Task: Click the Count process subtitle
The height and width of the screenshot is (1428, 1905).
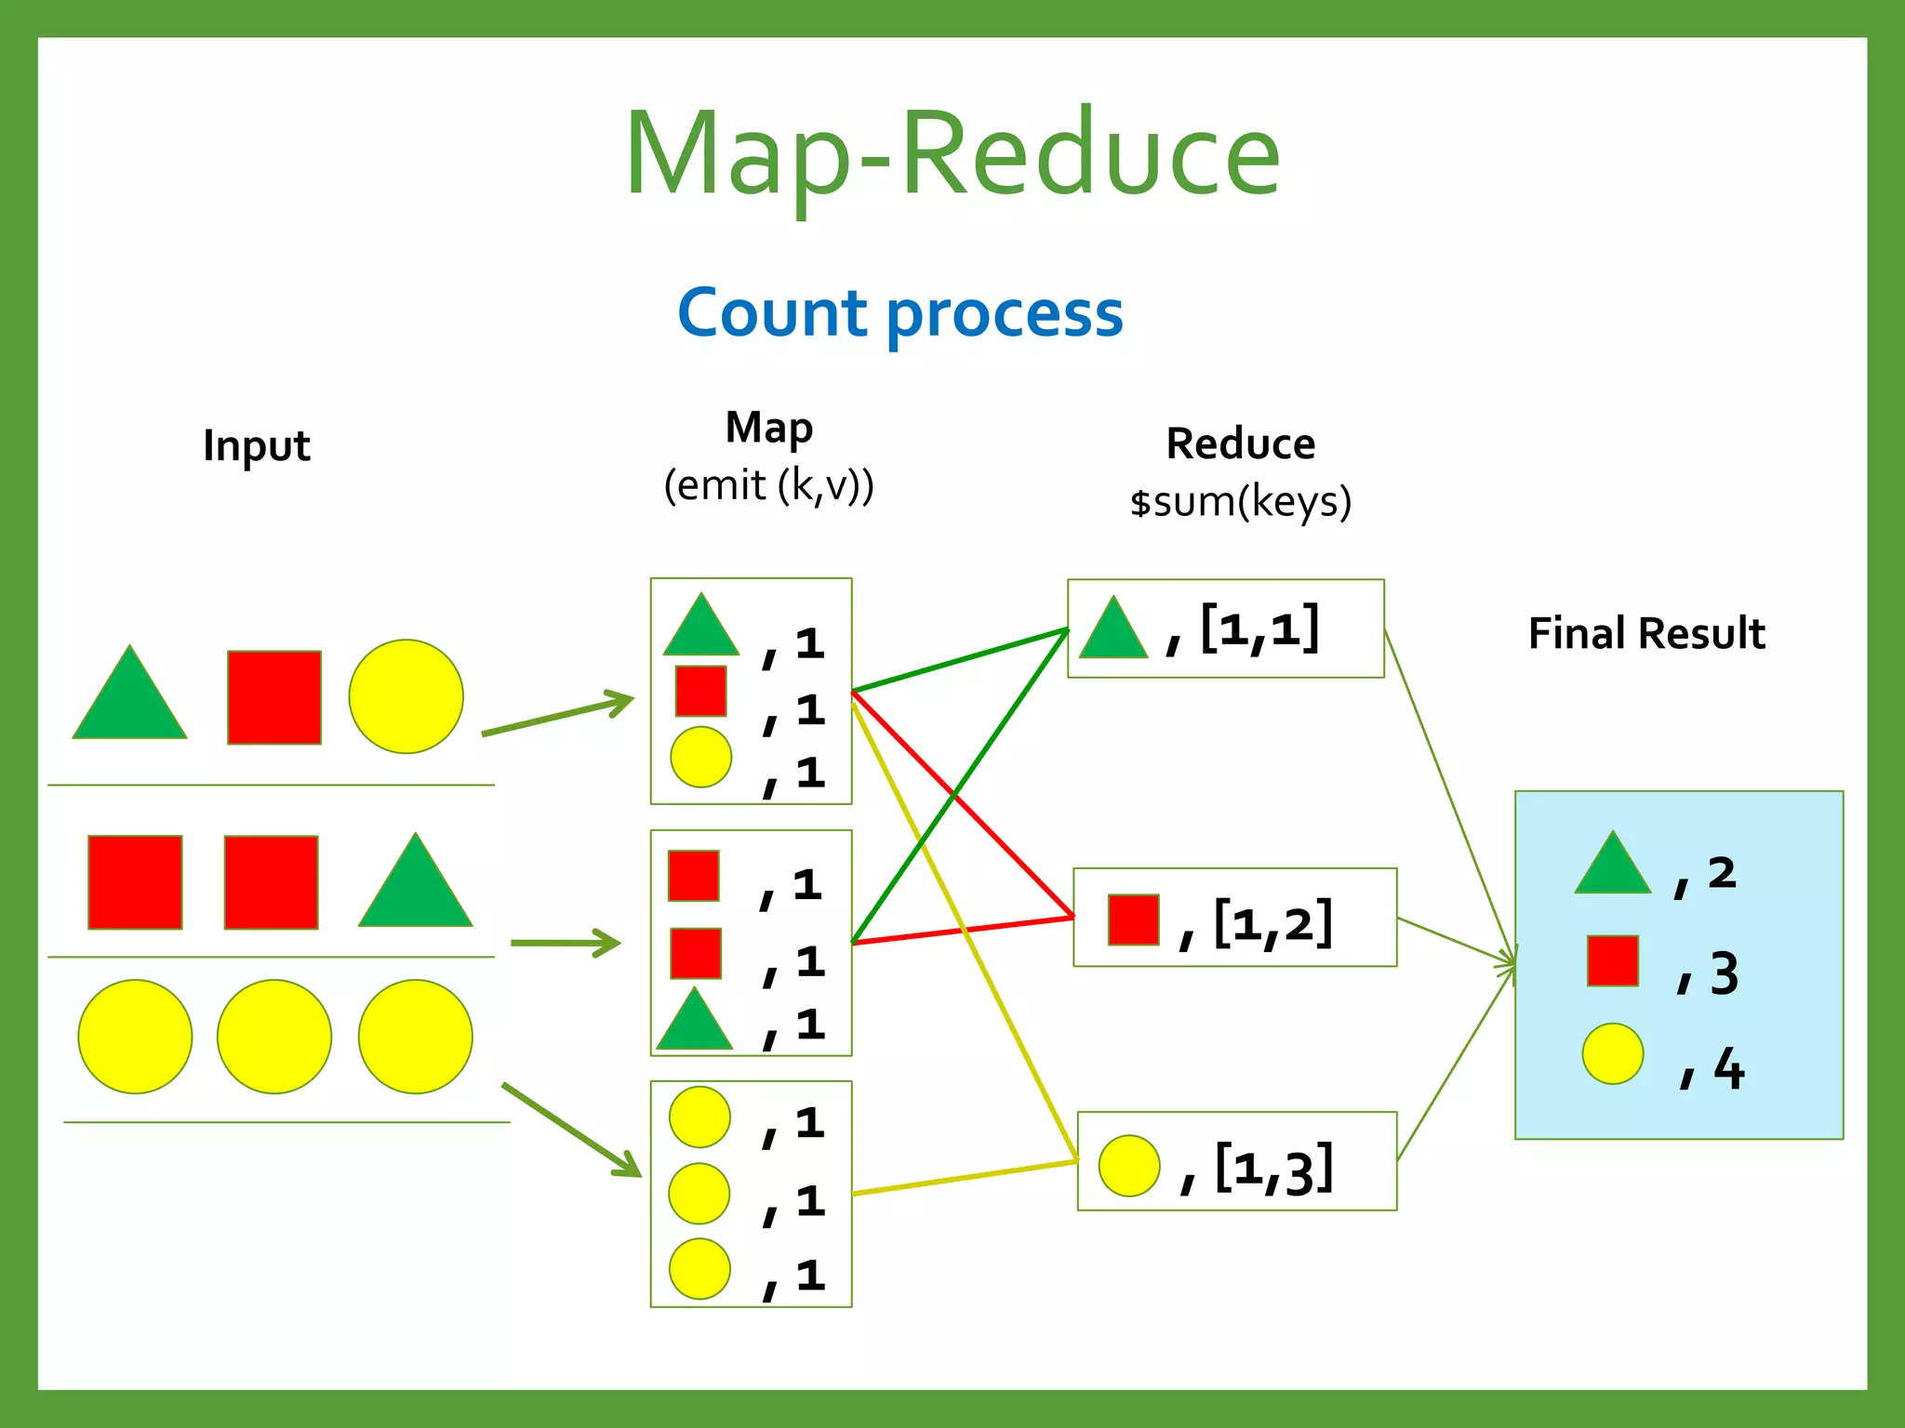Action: tap(900, 313)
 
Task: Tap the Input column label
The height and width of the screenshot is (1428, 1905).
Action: tap(256, 445)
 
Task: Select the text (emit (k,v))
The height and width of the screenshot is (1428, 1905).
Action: tap(768, 485)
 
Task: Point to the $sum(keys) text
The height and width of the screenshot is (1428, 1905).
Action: tap(1240, 502)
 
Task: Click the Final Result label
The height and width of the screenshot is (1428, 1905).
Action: tap(1646, 634)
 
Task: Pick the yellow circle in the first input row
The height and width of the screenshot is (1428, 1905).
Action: tap(406, 696)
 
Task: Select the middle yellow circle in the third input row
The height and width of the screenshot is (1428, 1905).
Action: tap(274, 1037)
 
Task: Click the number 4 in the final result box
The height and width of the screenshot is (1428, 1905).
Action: tap(1728, 1068)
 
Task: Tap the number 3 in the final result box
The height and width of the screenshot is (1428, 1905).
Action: tap(1724, 973)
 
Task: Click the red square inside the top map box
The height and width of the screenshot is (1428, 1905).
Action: tap(700, 691)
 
